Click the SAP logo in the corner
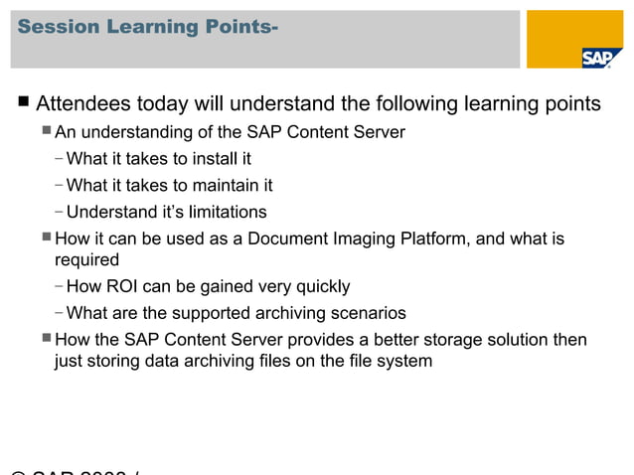[x=596, y=58]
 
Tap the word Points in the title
[x=237, y=27]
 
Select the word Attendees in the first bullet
[x=83, y=103]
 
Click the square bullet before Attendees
[x=23, y=103]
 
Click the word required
[x=86, y=260]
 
